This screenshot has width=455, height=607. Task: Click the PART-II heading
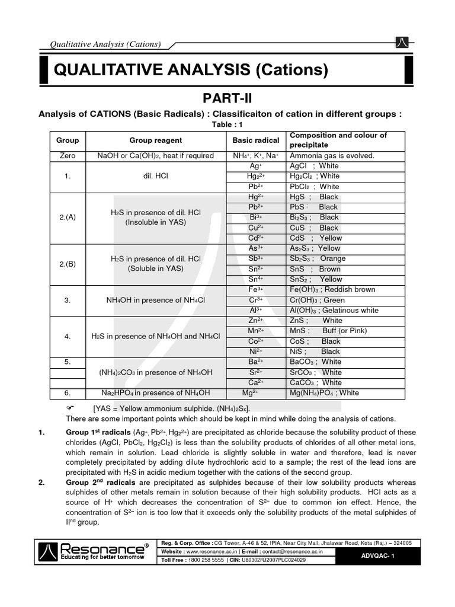[x=228, y=98]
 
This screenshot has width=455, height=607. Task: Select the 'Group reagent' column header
[x=156, y=140]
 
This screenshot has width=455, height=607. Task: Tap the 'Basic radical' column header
[x=256, y=140]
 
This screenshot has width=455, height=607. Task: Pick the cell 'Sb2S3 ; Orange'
[x=318, y=258]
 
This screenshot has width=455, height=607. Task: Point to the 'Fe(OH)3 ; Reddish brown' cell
[x=332, y=289]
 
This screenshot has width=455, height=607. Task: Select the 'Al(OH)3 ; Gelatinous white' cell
[x=334, y=310]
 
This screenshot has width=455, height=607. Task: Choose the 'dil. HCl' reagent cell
[x=156, y=176]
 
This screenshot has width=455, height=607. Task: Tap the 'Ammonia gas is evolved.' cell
[x=331, y=156]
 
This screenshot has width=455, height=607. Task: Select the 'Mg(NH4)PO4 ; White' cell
[x=324, y=392]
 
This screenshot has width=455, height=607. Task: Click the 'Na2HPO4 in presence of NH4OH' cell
[x=156, y=392]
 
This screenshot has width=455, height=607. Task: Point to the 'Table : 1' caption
[x=227, y=125]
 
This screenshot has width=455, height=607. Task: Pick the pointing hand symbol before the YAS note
[x=69, y=409]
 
